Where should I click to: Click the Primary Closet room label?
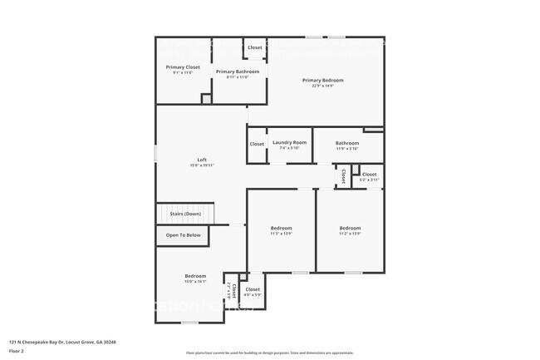(x=183, y=67)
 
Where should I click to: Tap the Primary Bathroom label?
(x=237, y=72)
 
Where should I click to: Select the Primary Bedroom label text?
(x=322, y=80)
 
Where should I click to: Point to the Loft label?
(x=202, y=160)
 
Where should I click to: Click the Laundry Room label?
(x=289, y=142)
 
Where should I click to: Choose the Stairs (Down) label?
(x=185, y=214)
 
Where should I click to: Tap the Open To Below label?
(x=183, y=235)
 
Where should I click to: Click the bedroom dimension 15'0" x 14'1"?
(x=195, y=282)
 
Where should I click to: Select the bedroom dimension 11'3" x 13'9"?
(x=281, y=234)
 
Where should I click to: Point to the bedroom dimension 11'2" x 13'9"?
(x=350, y=234)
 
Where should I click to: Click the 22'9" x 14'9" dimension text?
(x=322, y=86)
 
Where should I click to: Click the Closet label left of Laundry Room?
(x=257, y=144)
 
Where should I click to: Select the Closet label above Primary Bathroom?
(x=254, y=47)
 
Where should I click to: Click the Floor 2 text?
(x=17, y=351)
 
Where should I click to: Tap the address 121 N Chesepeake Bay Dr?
(x=62, y=342)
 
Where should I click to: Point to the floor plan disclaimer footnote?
(x=269, y=353)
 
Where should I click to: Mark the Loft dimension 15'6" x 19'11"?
(x=202, y=165)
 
